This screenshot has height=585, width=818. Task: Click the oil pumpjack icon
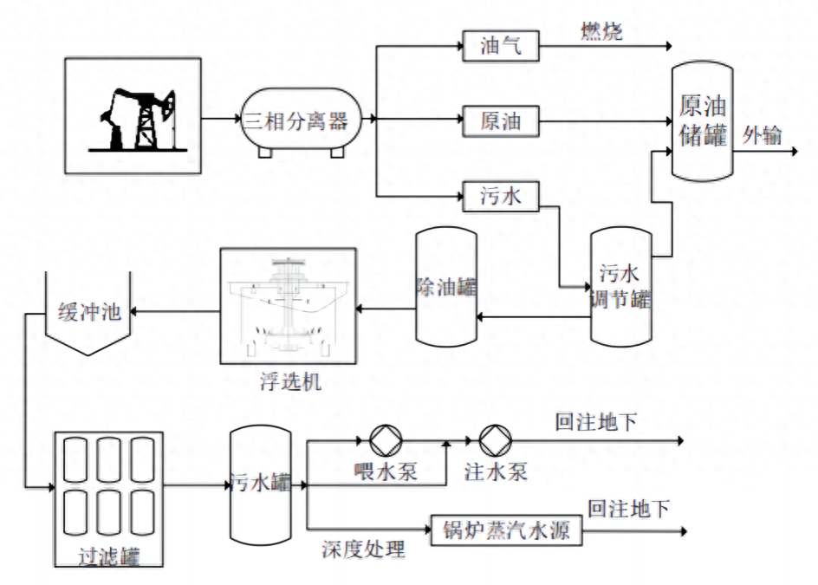[x=134, y=116]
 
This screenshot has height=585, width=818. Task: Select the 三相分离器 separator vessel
[x=294, y=121]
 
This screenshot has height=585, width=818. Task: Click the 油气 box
[x=500, y=46]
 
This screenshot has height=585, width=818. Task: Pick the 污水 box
[x=500, y=197]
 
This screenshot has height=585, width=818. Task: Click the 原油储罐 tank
[x=702, y=121]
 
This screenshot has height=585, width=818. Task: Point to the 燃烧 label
[x=601, y=31]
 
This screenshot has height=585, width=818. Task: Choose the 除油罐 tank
[x=445, y=286]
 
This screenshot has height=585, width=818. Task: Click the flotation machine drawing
[x=288, y=306]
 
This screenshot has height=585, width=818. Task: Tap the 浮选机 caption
[x=289, y=381]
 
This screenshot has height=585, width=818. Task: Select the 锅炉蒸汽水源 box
[x=506, y=530]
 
